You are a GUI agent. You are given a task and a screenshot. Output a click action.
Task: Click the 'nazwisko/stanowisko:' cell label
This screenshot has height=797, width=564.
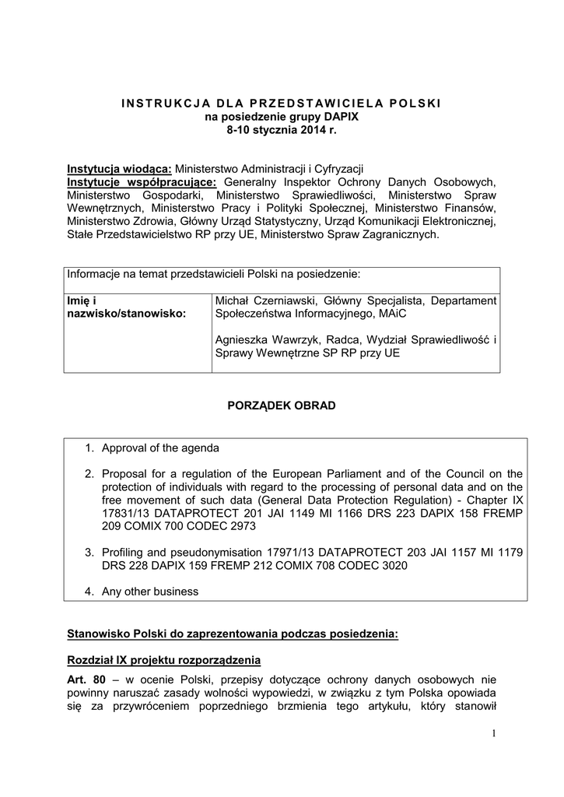[x=127, y=314]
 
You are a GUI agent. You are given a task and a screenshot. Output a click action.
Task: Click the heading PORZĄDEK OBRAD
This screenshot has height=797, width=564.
[x=282, y=406]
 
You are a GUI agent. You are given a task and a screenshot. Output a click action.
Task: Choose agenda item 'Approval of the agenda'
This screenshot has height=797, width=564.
[x=160, y=448]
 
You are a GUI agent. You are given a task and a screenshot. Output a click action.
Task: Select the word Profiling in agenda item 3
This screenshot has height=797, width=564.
[x=124, y=553]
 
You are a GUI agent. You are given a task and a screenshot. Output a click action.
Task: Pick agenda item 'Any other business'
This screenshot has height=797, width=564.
[x=150, y=592]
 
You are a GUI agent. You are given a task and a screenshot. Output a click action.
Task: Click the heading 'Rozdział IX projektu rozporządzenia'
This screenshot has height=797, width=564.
[x=164, y=661]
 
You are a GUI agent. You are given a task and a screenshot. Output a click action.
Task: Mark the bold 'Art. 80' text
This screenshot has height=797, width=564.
[x=86, y=680]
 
